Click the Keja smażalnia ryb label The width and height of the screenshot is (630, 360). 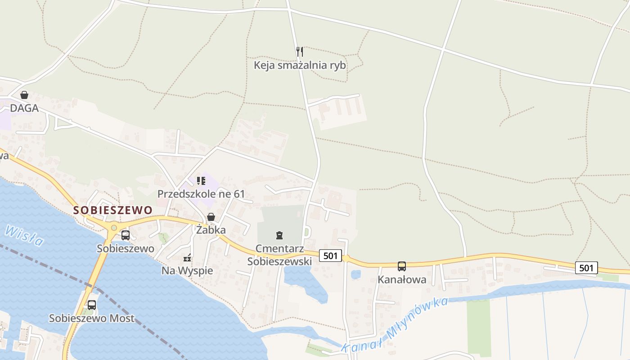(x=300, y=65)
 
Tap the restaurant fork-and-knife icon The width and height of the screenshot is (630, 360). (x=300, y=52)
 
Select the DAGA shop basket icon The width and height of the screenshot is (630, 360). (x=24, y=95)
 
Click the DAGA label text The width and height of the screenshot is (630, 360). (x=24, y=108)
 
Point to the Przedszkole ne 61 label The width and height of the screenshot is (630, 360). (x=201, y=194)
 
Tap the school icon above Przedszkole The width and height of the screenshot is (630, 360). (x=201, y=181)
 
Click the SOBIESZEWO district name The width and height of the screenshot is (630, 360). (x=113, y=210)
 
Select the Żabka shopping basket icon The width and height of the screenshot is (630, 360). (x=211, y=217)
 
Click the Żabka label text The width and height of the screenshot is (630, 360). (x=211, y=230)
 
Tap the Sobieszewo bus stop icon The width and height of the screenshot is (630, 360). (x=126, y=235)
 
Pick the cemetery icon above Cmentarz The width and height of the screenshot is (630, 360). (x=279, y=235)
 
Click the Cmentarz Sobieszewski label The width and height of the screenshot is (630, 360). (x=279, y=255)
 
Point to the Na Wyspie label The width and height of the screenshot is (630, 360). (x=187, y=271)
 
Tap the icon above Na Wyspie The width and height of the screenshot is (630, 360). (x=187, y=258)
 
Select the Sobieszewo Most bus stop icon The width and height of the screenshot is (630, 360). (x=92, y=305)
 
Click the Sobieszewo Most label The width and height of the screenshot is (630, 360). (x=92, y=319)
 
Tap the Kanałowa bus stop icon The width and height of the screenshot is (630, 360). (x=402, y=266)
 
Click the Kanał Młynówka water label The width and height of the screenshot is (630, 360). (x=395, y=324)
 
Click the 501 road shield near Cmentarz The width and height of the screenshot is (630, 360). (x=330, y=256)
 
